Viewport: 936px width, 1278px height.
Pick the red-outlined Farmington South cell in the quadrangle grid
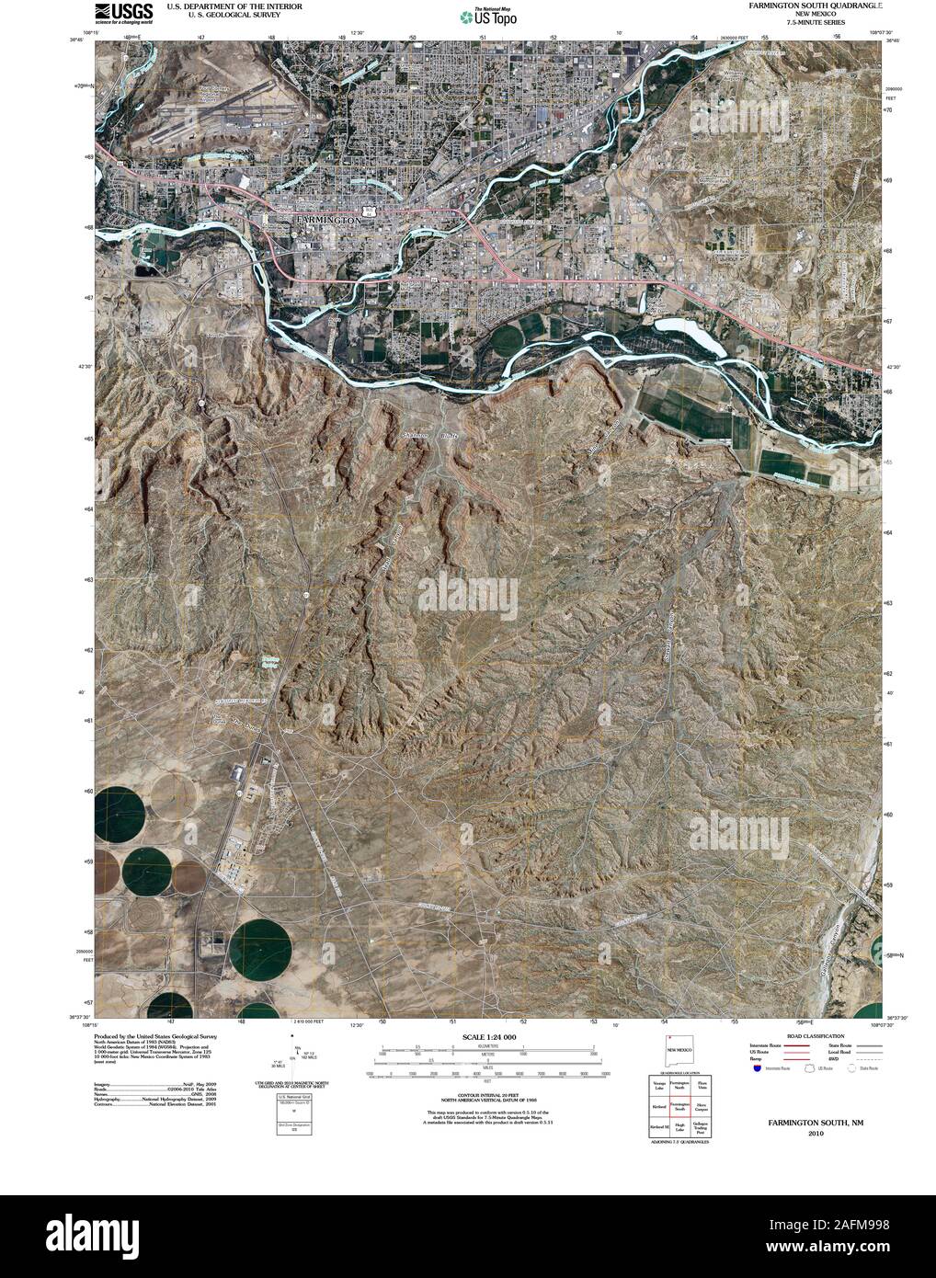(x=679, y=1107)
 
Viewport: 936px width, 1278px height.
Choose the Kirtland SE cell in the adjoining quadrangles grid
(x=658, y=1127)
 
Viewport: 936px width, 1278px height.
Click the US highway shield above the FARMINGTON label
(x=369, y=211)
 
